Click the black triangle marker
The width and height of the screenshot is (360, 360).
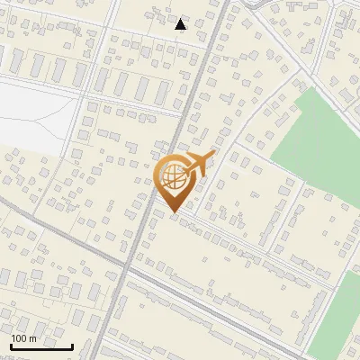tap(181, 24)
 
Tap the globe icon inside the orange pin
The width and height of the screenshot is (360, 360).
tap(173, 175)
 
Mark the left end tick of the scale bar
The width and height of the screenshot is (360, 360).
tap(10, 346)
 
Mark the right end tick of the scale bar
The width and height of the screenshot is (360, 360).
tap(73, 346)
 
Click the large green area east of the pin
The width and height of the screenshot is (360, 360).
tap(319, 144)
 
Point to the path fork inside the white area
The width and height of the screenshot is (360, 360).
tap(65, 103)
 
